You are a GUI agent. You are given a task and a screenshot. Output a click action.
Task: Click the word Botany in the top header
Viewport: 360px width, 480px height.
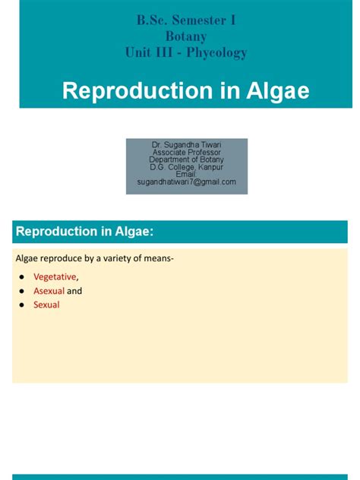tap(186, 36)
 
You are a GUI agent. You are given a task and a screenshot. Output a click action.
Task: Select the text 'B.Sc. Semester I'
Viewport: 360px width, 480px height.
tap(186, 21)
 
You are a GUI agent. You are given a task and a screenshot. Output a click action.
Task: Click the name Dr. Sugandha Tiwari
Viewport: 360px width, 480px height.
tap(186, 144)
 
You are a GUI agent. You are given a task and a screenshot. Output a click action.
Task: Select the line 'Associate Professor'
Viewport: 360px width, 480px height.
tap(186, 152)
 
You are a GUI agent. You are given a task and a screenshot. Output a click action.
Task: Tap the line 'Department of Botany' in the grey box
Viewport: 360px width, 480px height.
tap(186, 159)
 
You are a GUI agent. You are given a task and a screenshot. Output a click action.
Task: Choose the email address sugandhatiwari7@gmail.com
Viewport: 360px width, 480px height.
tap(186, 182)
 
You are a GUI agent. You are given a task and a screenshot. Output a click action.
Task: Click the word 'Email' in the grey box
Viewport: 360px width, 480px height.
tap(186, 175)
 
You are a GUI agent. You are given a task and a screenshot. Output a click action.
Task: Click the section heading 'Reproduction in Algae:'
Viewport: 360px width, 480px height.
tap(90, 232)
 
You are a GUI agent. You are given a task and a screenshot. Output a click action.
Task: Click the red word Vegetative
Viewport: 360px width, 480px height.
tap(55, 276)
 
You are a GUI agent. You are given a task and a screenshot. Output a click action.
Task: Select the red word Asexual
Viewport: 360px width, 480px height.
tap(49, 291)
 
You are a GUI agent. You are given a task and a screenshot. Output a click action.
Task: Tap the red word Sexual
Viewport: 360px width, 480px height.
tap(46, 305)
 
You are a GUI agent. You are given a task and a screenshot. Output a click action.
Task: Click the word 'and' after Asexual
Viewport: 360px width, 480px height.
tap(74, 291)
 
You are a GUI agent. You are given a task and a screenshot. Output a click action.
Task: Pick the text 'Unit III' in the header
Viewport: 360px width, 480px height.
tap(144, 52)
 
